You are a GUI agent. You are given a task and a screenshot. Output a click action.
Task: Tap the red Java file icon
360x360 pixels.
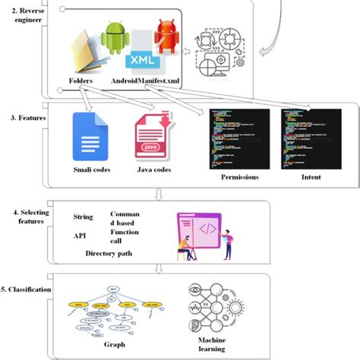coord(152,138)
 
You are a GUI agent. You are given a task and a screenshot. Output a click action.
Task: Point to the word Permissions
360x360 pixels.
coord(235,176)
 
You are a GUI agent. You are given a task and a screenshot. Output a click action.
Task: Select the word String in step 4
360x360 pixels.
coord(83,216)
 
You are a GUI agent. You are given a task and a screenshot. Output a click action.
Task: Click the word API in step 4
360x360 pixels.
coord(79,235)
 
